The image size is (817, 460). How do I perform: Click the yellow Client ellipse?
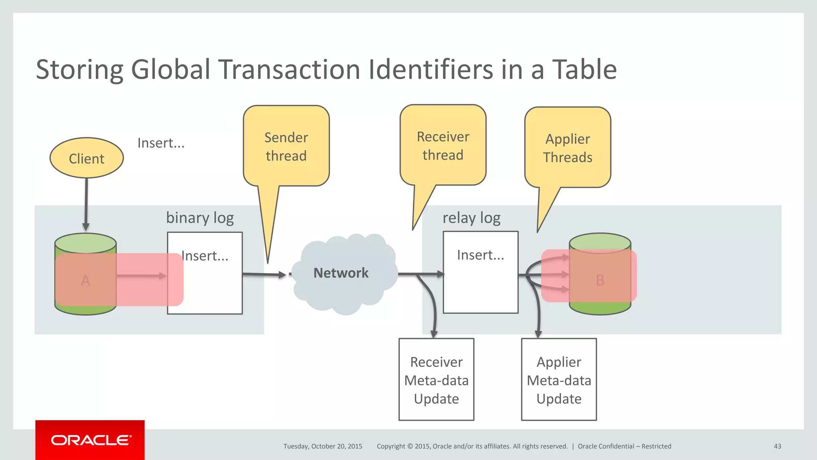tap(87, 158)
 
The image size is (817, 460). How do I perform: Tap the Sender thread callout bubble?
tap(286, 147)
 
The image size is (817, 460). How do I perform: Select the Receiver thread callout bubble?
tap(443, 146)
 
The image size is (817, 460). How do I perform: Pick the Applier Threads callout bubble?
tap(567, 148)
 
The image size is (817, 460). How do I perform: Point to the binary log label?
tap(200, 218)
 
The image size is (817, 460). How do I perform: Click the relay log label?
tap(471, 218)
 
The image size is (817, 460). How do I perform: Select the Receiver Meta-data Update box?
tap(436, 380)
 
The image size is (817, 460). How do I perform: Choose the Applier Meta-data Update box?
tap(558, 380)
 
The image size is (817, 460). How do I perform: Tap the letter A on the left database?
tap(85, 280)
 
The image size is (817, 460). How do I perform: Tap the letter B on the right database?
tap(600, 280)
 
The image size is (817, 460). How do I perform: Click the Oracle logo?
tap(90, 440)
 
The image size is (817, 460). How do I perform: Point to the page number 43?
tap(777, 446)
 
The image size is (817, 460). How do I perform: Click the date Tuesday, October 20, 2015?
tap(323, 446)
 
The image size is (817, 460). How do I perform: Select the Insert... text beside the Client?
tap(161, 143)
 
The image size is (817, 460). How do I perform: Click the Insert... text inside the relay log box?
tap(480, 255)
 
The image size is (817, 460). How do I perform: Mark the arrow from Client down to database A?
tap(86, 204)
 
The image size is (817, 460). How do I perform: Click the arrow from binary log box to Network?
tap(263, 274)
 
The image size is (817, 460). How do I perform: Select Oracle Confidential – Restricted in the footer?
tap(624, 446)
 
